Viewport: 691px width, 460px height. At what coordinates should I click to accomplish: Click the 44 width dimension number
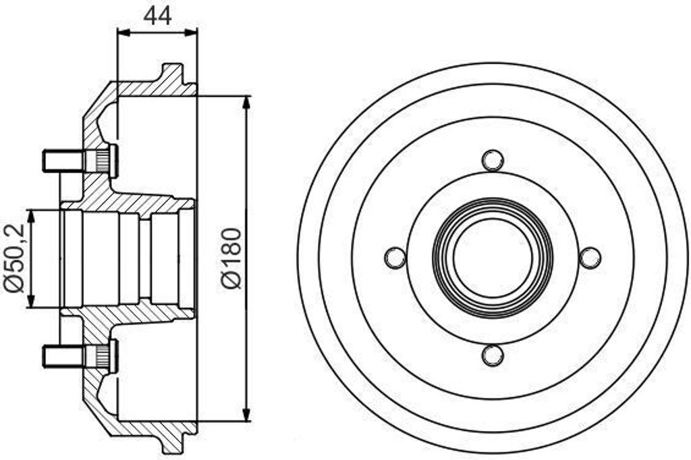coord(157,15)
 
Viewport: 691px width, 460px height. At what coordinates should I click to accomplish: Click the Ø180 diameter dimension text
coord(231,258)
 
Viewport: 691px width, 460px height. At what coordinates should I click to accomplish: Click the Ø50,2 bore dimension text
coord(15,258)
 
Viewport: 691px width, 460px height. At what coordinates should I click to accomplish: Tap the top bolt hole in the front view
coord(493,160)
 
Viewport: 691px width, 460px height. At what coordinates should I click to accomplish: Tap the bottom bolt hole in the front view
coord(493,355)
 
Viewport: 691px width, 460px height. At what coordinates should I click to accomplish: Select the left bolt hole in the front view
coord(395,257)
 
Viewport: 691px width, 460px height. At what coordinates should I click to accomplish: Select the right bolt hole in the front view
coord(590,257)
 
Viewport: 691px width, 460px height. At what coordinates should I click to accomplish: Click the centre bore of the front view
coord(493,257)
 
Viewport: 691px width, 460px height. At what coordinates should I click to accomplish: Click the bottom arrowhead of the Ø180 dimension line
coord(246,415)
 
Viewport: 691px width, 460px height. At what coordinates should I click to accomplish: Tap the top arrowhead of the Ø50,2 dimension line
coord(30,215)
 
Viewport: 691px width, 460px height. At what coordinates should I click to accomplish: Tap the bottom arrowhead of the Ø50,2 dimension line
coord(30,302)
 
